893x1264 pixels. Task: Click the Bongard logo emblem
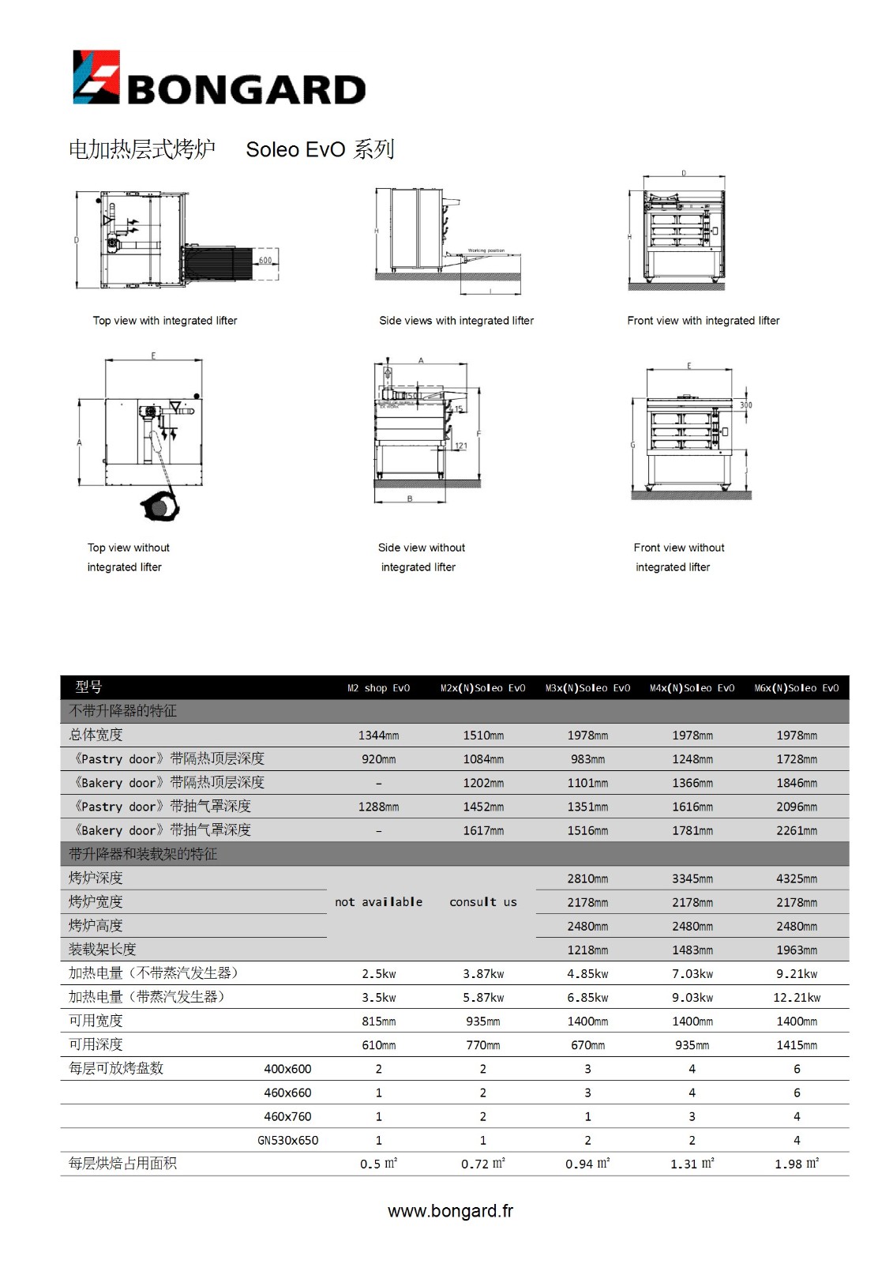pos(96,77)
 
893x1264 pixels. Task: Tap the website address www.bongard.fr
pos(450,1211)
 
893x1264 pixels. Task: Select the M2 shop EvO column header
pos(378,688)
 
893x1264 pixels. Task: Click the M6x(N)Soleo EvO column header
pos(796,688)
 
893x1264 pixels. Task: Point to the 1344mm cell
pos(378,735)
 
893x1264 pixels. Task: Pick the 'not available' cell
pos(378,902)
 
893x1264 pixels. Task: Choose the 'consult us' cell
pos(482,902)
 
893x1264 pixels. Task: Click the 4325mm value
pos(796,878)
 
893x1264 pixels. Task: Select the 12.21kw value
pos(796,998)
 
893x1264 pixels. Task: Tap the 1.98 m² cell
pos(796,1164)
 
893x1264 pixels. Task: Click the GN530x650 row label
pos(287,1141)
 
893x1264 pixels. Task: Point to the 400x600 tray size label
pos(287,1069)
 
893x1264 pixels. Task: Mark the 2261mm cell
pos(796,831)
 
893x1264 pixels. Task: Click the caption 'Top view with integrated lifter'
pos(165,321)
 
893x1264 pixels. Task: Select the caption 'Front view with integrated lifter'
pos(703,321)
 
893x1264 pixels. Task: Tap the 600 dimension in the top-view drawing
pos(265,260)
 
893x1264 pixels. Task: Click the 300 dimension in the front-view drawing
pos(745,405)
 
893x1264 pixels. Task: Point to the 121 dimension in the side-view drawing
pos(461,446)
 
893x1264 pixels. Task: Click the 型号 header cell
pos(88,687)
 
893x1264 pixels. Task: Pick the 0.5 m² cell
pos(378,1164)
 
